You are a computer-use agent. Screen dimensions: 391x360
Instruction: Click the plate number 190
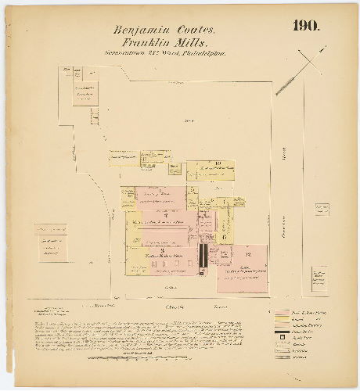click(306, 26)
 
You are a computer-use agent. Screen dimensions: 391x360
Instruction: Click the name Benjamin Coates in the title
click(163, 30)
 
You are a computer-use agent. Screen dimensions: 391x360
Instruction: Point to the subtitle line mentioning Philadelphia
click(164, 55)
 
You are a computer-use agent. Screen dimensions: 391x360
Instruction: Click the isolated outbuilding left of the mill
click(51, 242)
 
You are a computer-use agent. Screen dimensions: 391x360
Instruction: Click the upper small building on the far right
click(322, 210)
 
